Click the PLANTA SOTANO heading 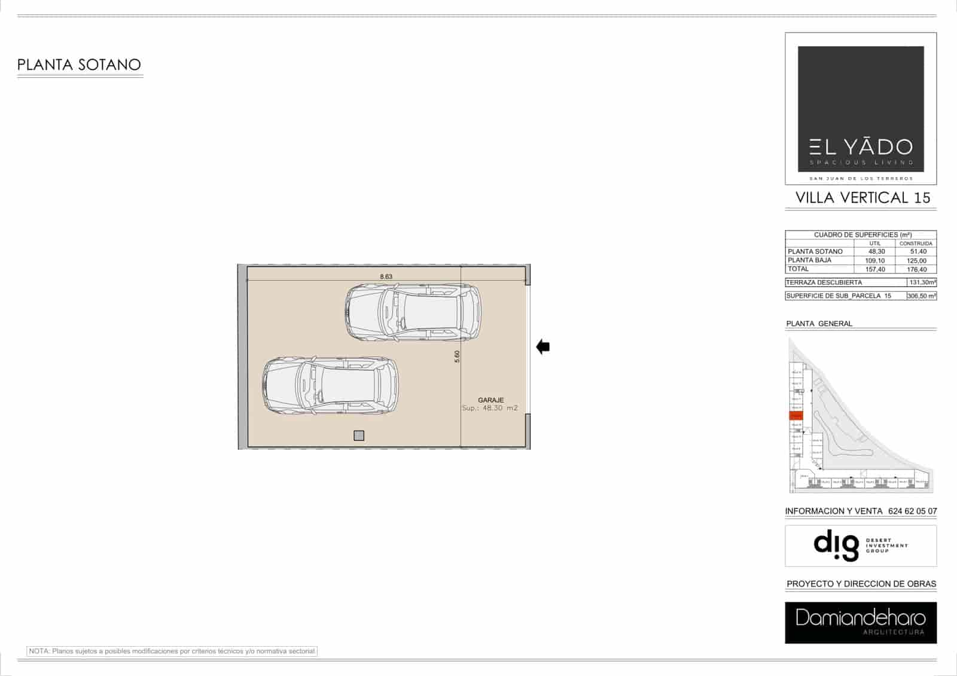point(79,65)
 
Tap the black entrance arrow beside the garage point(543,346)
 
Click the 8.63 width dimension point(386,276)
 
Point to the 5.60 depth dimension point(458,356)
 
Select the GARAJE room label point(490,400)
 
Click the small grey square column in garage point(359,436)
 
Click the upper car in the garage point(413,312)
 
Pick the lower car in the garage point(330,385)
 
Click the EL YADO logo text point(861,147)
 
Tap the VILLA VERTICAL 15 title point(862,198)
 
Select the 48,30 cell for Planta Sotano point(876,252)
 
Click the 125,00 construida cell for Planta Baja point(916,261)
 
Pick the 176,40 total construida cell point(916,270)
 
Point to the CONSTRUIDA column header point(916,243)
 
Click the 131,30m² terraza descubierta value point(922,282)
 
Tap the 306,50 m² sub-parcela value point(922,296)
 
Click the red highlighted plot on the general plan point(796,416)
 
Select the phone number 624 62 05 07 point(913,511)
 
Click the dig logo point(836,545)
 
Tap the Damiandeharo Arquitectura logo point(860,622)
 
